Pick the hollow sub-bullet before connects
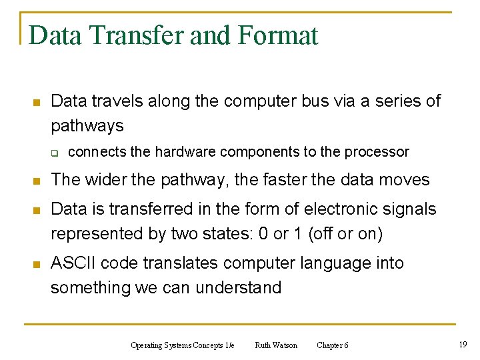57,153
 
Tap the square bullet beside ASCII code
37,265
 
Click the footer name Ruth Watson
276,345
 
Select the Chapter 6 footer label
332,345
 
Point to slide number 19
463,344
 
